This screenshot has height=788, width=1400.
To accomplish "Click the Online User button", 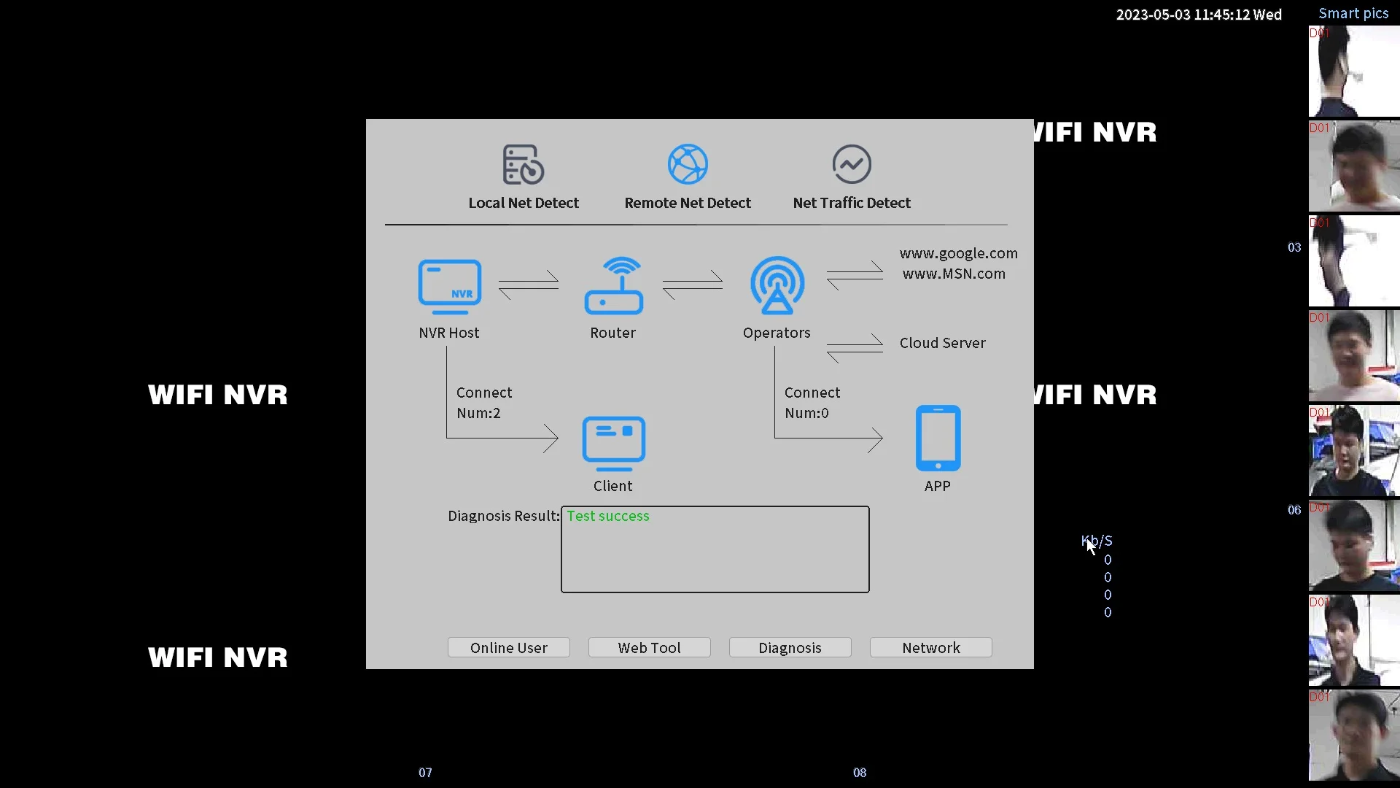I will tap(508, 647).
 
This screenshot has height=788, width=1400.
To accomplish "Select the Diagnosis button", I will tap(790, 647).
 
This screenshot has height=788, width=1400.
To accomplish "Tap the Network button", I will tap(930, 647).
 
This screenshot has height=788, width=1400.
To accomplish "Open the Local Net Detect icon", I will tap(523, 164).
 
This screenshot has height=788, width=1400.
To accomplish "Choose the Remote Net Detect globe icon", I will tap(688, 164).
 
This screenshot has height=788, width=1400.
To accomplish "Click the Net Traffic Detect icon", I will tap(852, 164).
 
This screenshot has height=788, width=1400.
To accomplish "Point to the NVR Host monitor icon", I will tap(449, 287).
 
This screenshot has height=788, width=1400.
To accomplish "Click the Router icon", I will tap(613, 286).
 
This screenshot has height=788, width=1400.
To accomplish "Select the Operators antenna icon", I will tap(777, 285).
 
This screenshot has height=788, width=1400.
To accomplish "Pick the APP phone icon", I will tap(938, 438).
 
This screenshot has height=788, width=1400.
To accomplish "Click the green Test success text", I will tap(608, 516).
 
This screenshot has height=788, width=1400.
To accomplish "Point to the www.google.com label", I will tap(958, 253).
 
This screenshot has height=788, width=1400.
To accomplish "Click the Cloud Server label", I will tap(942, 343).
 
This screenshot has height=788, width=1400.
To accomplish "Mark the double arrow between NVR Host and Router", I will tap(529, 285).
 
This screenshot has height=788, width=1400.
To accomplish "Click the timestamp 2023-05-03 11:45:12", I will tap(1198, 15).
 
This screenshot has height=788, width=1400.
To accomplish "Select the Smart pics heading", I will tap(1353, 13).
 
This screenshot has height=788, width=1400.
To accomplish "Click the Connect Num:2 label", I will tap(484, 403).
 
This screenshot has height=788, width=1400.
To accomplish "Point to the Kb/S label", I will tap(1097, 541).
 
